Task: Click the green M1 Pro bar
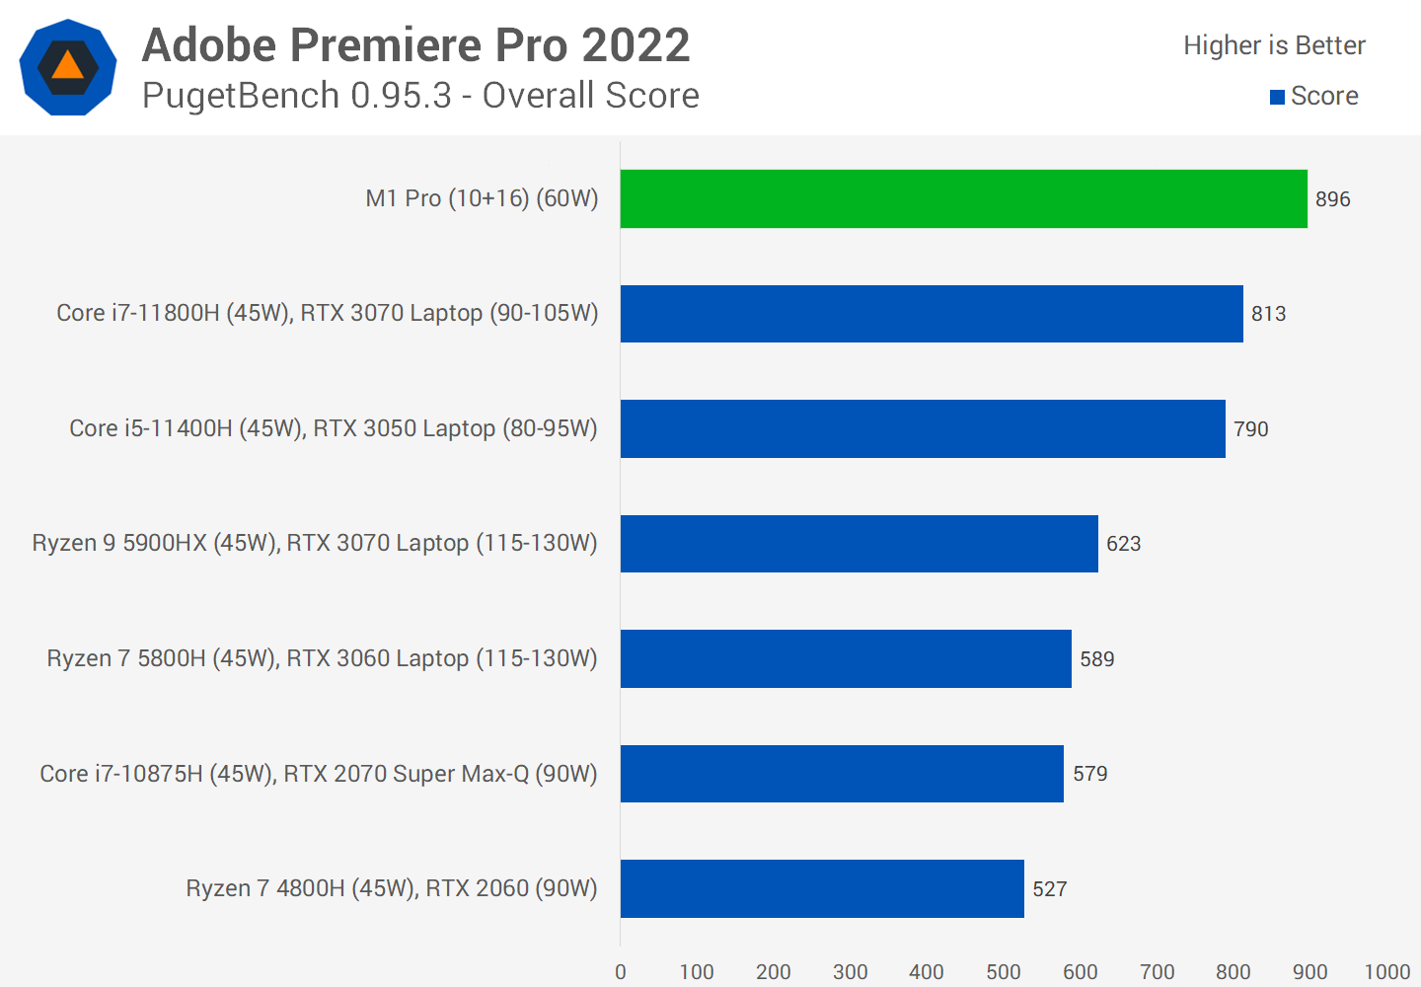click(963, 198)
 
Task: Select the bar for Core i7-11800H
click(932, 314)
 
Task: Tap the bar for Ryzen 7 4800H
click(822, 888)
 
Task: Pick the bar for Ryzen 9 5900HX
click(859, 544)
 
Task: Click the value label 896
click(1332, 199)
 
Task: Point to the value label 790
click(1250, 429)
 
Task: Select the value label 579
click(1089, 774)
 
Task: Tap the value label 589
click(1096, 659)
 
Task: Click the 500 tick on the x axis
click(1003, 972)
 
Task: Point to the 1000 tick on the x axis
click(1386, 972)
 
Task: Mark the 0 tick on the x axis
click(620, 972)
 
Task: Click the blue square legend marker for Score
click(1277, 97)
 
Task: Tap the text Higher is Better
click(1274, 45)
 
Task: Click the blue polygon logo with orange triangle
click(68, 67)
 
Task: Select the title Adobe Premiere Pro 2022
click(415, 45)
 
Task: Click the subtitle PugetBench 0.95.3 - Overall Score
click(420, 96)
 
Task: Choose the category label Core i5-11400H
click(334, 428)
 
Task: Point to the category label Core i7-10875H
click(319, 774)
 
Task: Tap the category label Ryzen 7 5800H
click(322, 658)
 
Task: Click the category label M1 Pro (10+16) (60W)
click(482, 198)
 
